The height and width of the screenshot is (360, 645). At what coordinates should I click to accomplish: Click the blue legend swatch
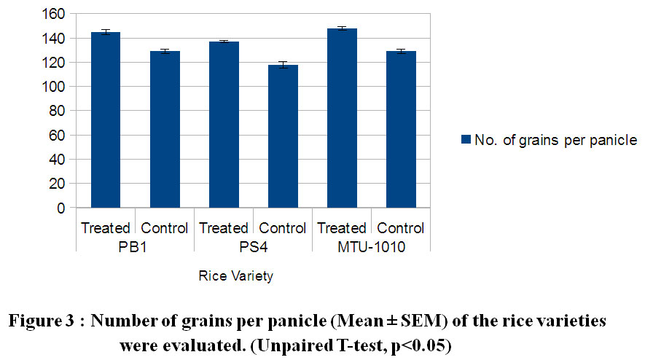(464, 140)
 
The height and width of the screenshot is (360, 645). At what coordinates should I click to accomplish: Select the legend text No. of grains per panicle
(556, 140)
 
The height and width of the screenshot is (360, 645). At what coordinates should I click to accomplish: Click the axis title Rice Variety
(235, 277)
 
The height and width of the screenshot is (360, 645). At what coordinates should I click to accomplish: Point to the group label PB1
(135, 248)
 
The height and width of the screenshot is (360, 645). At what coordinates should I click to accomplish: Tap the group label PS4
(253, 248)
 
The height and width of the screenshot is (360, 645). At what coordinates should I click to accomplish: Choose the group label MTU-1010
(371, 248)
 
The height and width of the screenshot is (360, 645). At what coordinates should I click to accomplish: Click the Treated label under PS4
(224, 228)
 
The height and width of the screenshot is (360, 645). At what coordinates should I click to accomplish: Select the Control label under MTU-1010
(401, 228)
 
